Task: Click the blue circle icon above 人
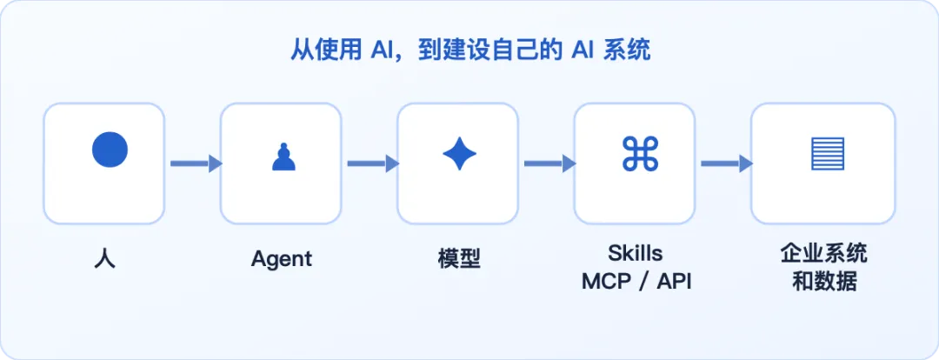[x=110, y=150]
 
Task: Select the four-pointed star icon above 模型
[x=459, y=153]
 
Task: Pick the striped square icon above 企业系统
[x=828, y=153]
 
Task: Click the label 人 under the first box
[x=105, y=259]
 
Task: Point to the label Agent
[x=282, y=259]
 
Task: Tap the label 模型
[x=459, y=259]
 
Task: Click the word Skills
[x=636, y=253]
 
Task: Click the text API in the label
[x=674, y=282]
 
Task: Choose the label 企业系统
[x=823, y=253]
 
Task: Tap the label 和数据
[x=824, y=282]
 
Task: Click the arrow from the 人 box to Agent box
[x=196, y=163]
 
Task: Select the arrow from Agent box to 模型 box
[x=373, y=163]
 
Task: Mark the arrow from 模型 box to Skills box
[x=549, y=163]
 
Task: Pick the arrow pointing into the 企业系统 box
[x=727, y=163]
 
